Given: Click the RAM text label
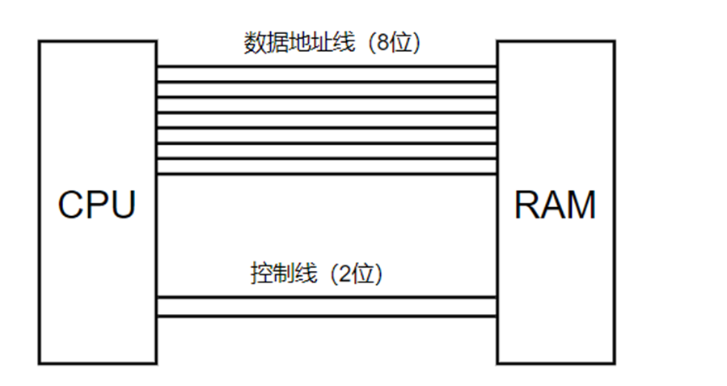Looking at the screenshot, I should pyautogui.click(x=555, y=205).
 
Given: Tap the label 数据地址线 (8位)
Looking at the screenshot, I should pyautogui.click(x=332, y=43).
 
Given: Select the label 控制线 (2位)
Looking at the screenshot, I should pyautogui.click(x=316, y=274).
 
